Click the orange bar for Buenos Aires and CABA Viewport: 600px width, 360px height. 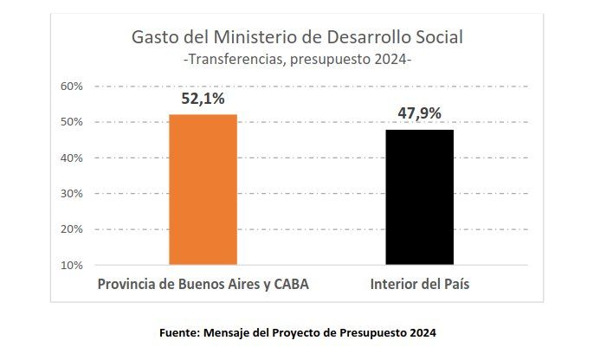click(x=203, y=189)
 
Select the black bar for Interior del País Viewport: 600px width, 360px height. click(x=420, y=196)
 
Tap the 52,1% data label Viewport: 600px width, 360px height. click(x=203, y=99)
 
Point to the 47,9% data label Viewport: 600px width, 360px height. click(x=420, y=113)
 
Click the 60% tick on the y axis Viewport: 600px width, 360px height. click(x=71, y=87)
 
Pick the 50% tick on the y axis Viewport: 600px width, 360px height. click(x=71, y=122)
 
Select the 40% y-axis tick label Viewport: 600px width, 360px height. click(x=71, y=158)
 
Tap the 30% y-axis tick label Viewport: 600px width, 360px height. click(x=71, y=194)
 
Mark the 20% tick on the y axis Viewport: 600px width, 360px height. click(x=71, y=229)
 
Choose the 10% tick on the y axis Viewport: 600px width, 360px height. click(x=71, y=265)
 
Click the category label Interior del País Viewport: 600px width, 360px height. click(x=420, y=285)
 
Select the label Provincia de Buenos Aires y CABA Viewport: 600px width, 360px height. click(x=203, y=285)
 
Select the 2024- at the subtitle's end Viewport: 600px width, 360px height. click(x=394, y=60)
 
